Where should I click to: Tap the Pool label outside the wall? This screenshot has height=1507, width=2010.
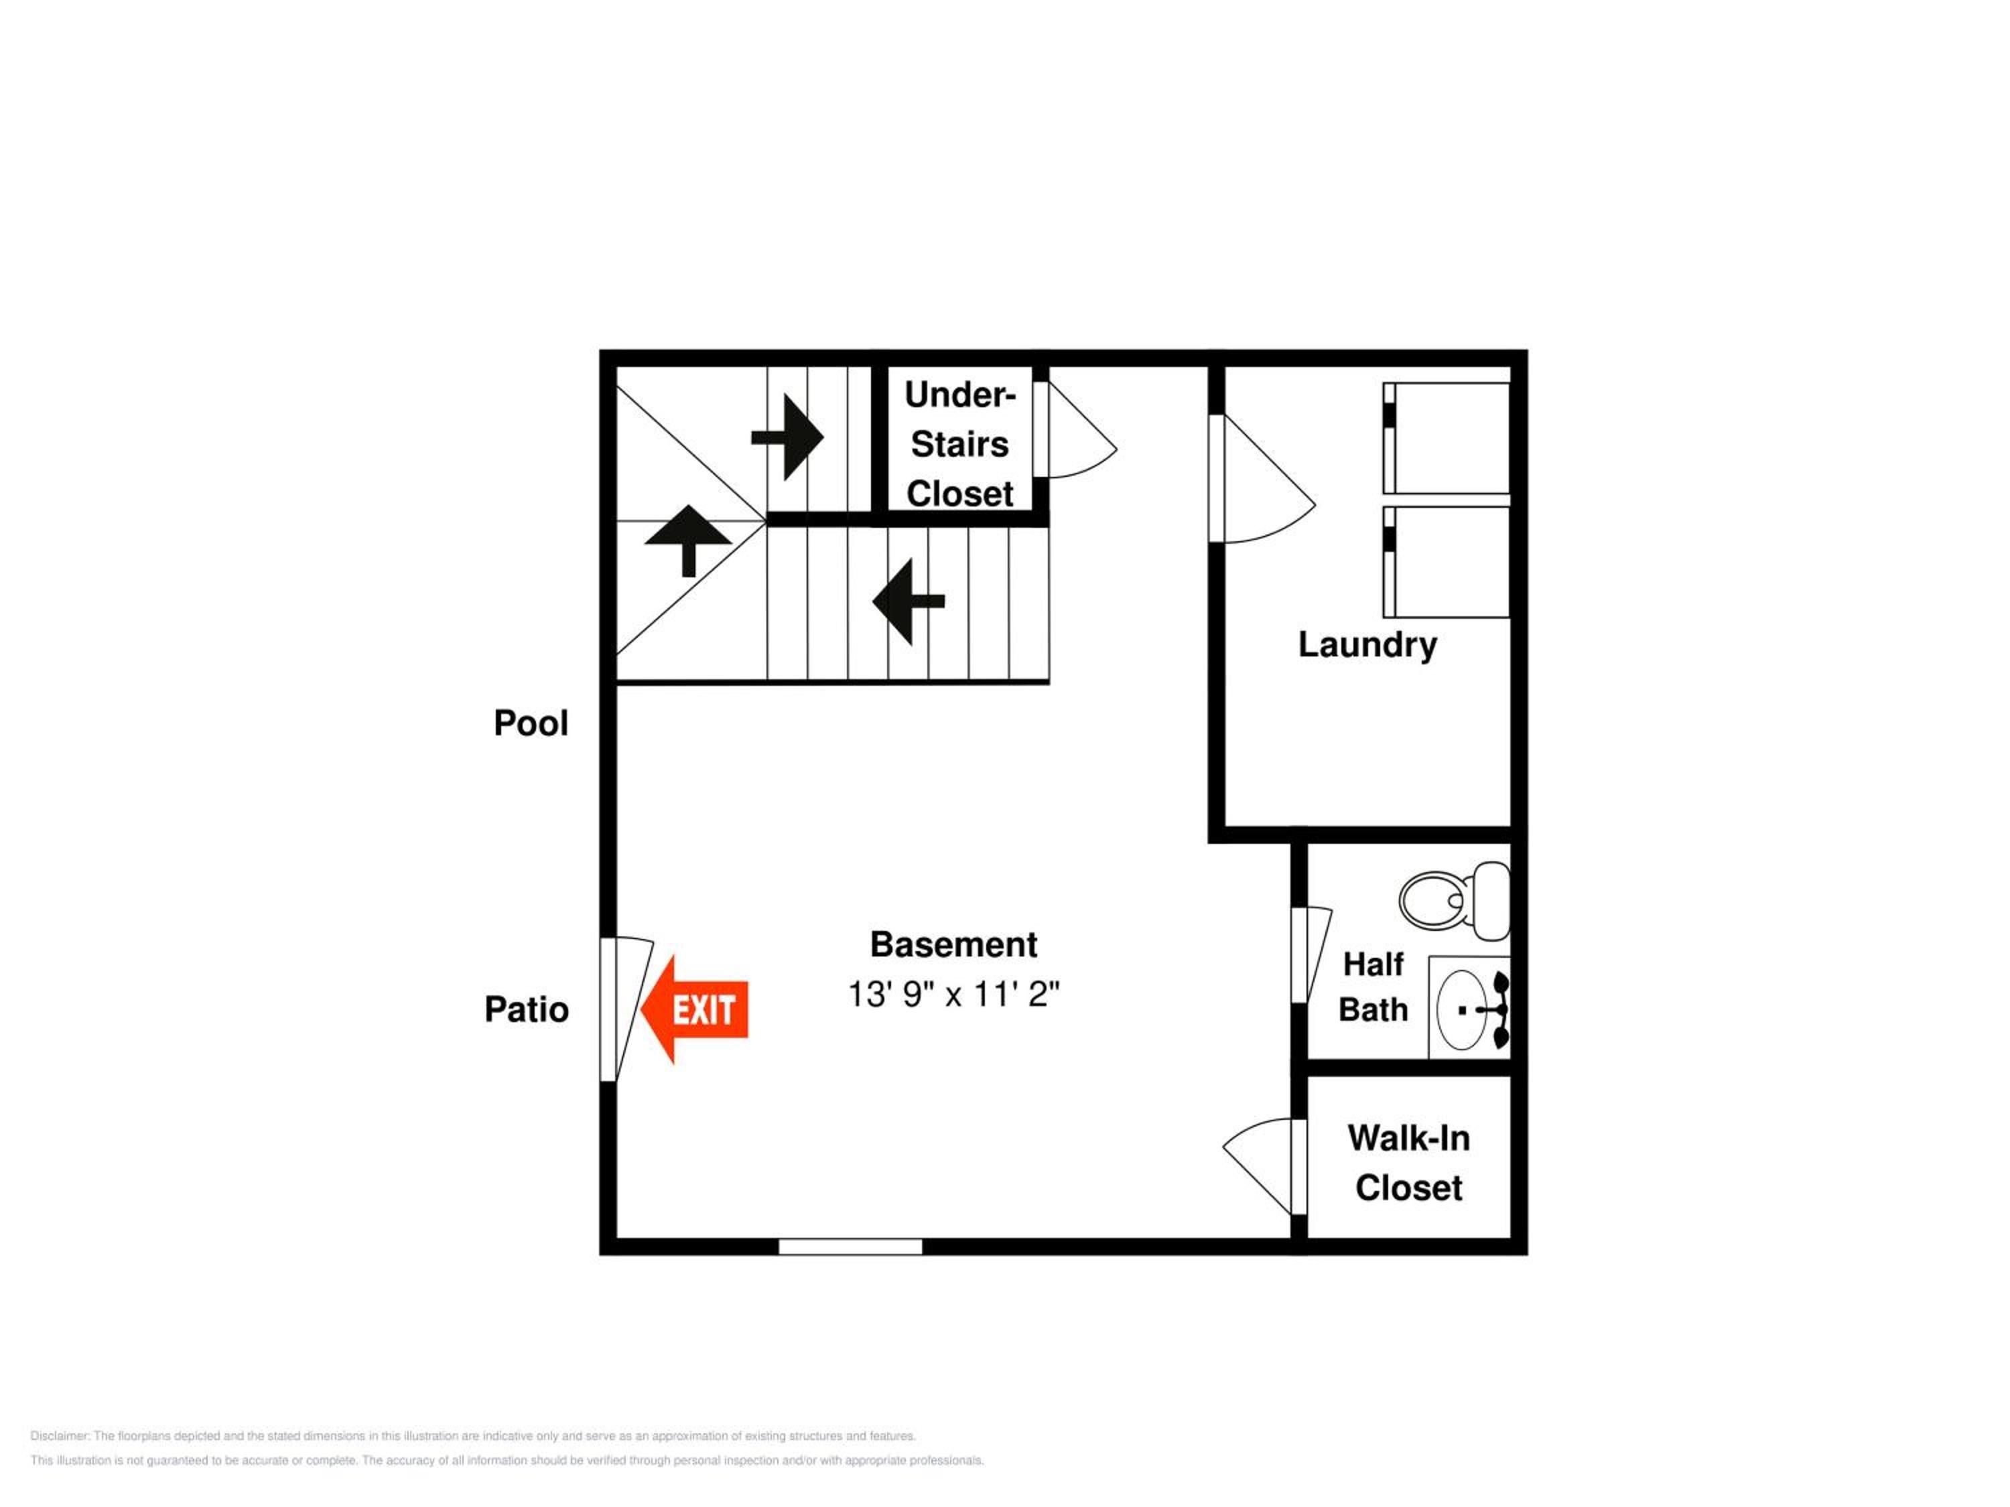[531, 723]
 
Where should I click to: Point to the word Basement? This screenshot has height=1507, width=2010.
[953, 944]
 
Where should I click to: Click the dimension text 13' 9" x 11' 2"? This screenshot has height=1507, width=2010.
[953, 994]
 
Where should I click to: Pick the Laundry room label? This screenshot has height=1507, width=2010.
[1367, 646]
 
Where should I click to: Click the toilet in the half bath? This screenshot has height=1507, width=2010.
[1454, 900]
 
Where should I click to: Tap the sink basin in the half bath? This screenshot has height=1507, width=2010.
[1462, 1009]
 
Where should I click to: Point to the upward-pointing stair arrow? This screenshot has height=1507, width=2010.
[688, 541]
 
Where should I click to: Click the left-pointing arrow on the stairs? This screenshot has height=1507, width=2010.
[909, 601]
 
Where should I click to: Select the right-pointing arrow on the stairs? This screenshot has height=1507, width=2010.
[787, 437]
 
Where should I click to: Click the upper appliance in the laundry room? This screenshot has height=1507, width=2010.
[1446, 438]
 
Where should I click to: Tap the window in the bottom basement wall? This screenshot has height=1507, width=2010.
[850, 1246]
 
